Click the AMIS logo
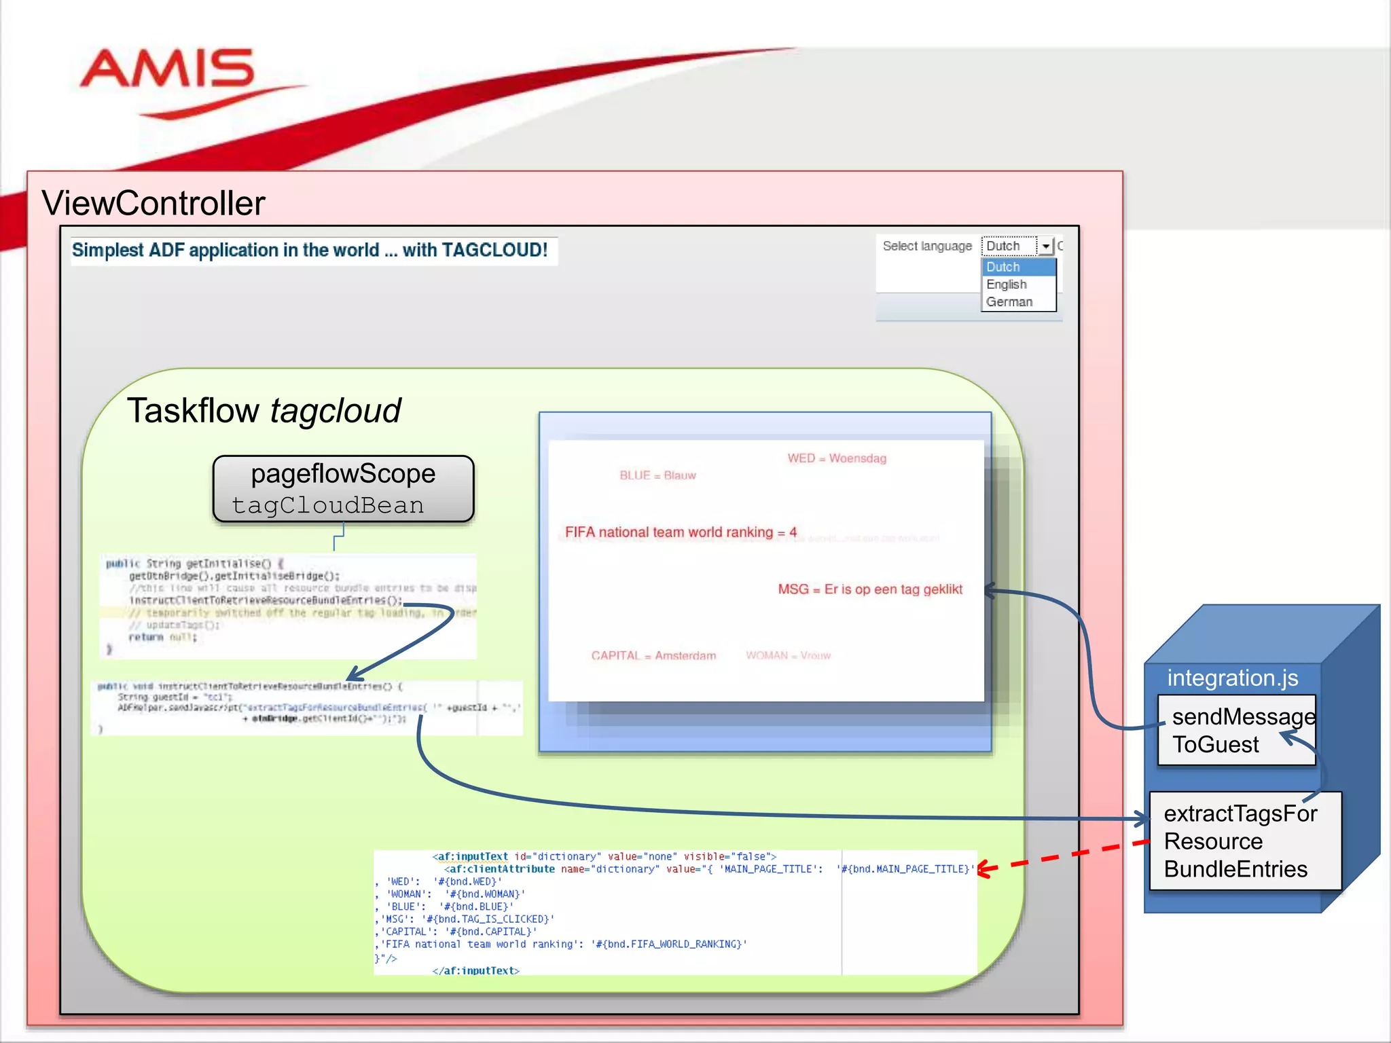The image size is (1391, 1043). click(167, 71)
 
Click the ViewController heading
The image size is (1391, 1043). click(153, 203)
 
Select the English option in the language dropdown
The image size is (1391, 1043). click(1007, 285)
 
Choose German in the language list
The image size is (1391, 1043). click(1009, 302)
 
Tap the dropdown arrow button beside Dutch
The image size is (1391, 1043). click(1046, 246)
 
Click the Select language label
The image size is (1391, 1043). click(927, 246)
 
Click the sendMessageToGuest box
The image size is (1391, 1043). click(1236, 730)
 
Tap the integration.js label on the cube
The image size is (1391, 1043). click(1232, 678)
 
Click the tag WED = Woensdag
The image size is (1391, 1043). click(837, 458)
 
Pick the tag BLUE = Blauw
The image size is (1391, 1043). click(657, 475)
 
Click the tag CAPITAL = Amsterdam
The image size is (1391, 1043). click(653, 655)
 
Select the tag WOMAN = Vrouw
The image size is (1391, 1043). click(788, 655)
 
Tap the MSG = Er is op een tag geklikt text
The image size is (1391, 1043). click(870, 589)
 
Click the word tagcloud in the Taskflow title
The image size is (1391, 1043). click(336, 411)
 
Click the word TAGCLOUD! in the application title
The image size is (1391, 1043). click(494, 250)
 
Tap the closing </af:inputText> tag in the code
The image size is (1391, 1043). click(475, 970)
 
